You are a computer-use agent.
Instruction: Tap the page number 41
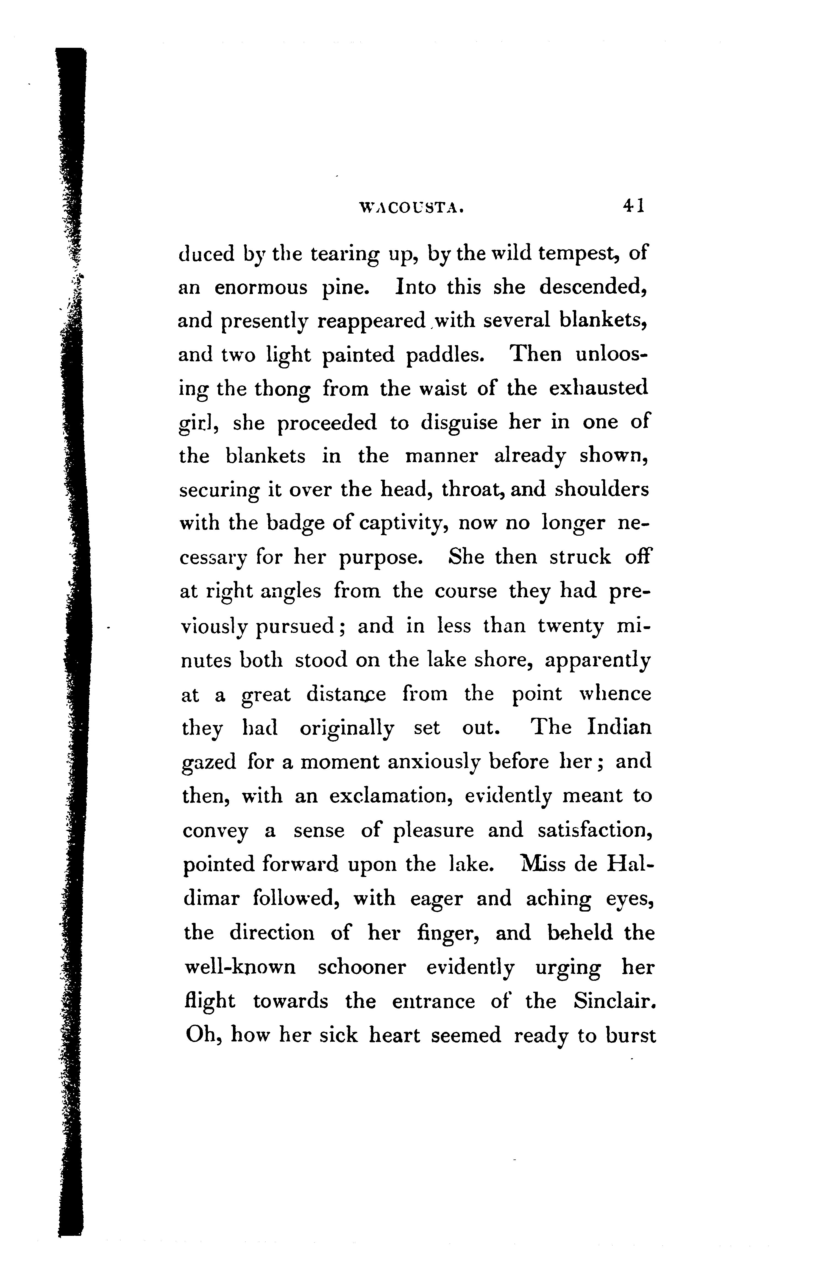click(x=633, y=206)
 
